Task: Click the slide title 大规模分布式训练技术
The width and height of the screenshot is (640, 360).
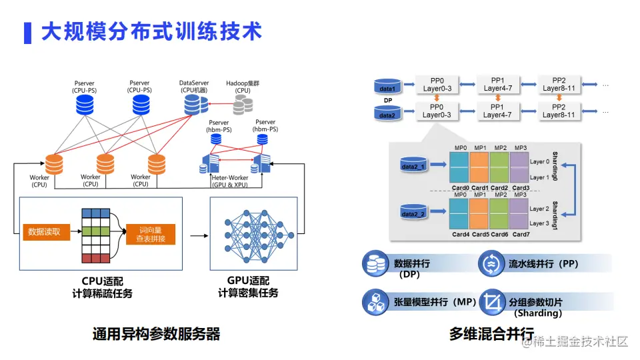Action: click(x=151, y=31)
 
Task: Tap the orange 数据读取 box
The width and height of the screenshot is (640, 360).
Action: click(x=44, y=232)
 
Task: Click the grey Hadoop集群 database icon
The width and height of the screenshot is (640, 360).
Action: click(x=243, y=103)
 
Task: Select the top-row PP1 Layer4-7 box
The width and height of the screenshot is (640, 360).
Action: click(x=497, y=84)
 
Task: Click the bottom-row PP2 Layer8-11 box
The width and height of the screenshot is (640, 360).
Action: click(x=559, y=111)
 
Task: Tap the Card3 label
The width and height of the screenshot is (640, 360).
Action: click(x=521, y=188)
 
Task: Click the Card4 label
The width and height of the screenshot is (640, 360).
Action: click(x=460, y=235)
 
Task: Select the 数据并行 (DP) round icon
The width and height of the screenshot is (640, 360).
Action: click(x=374, y=264)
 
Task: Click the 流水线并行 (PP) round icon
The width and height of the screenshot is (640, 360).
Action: click(x=490, y=264)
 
